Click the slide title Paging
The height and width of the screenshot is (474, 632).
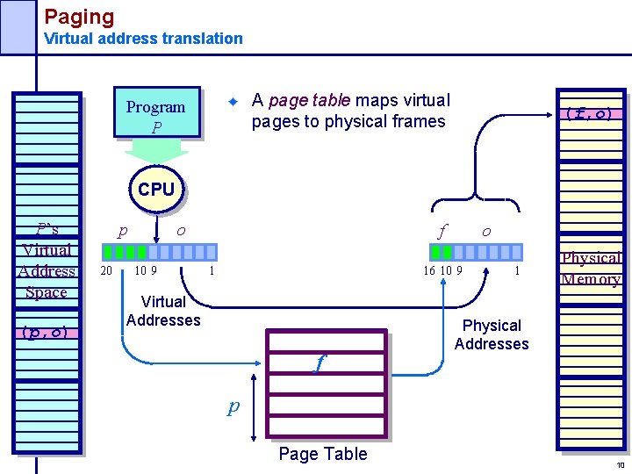pyautogui.click(x=79, y=16)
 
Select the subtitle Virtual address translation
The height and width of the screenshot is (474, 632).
pyautogui.click(x=143, y=39)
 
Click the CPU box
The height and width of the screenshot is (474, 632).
pyautogui.click(x=156, y=190)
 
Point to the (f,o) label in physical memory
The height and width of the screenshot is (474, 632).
pyautogui.click(x=588, y=113)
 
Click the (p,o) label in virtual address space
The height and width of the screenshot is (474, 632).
pyautogui.click(x=47, y=332)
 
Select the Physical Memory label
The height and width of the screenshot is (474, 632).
pyautogui.click(x=591, y=269)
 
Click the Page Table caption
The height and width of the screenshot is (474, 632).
pyautogui.click(x=322, y=454)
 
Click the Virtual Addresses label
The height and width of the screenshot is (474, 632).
pyautogui.click(x=163, y=311)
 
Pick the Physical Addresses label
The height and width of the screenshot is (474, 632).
pyautogui.click(x=492, y=334)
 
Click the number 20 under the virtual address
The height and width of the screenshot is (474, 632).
pyautogui.click(x=106, y=270)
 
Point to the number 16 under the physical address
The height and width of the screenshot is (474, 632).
pyautogui.click(x=429, y=270)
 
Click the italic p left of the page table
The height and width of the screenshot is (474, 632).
pyautogui.click(x=233, y=406)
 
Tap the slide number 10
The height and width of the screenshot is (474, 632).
pyautogui.click(x=619, y=465)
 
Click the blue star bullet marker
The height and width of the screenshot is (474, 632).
pyautogui.click(x=233, y=102)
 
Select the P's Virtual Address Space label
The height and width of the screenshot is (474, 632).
pyautogui.click(x=47, y=260)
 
